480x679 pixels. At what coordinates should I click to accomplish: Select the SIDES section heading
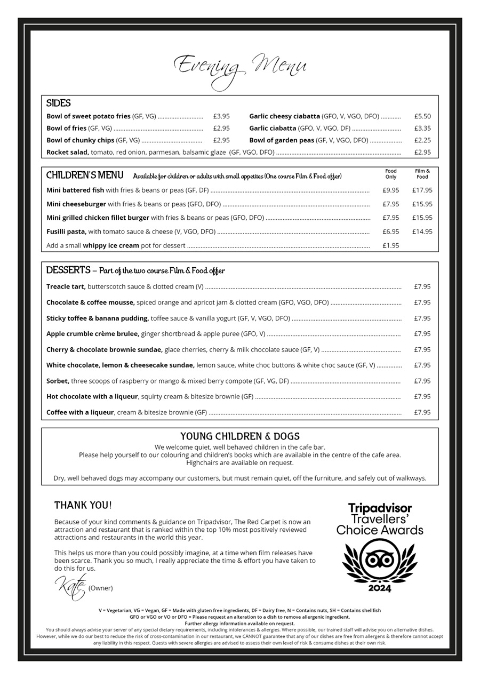tap(59, 103)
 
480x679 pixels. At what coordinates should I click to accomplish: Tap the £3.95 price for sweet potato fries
tap(221, 116)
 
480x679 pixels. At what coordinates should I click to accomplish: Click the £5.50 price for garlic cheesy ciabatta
tap(422, 116)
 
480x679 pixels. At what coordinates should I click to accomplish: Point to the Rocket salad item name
tap(68, 153)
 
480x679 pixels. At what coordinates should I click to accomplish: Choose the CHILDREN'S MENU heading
tap(85, 175)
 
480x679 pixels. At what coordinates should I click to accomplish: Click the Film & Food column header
tap(422, 174)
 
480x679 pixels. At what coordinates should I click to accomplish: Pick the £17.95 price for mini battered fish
tap(422, 190)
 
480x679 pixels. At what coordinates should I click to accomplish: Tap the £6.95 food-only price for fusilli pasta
tap(391, 231)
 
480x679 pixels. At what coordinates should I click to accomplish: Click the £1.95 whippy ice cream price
tap(391, 245)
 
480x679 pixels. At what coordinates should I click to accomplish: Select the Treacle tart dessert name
tap(66, 287)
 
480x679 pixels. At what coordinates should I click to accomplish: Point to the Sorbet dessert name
tap(58, 381)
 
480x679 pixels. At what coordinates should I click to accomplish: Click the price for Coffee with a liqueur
tap(422, 412)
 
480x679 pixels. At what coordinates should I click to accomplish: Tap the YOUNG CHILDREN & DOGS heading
tap(240, 436)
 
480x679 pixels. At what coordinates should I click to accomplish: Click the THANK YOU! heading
tap(83, 505)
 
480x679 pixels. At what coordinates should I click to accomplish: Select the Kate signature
tap(70, 587)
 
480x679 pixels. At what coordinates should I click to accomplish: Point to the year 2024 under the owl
tap(379, 589)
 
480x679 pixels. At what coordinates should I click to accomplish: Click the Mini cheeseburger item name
tap(76, 204)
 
